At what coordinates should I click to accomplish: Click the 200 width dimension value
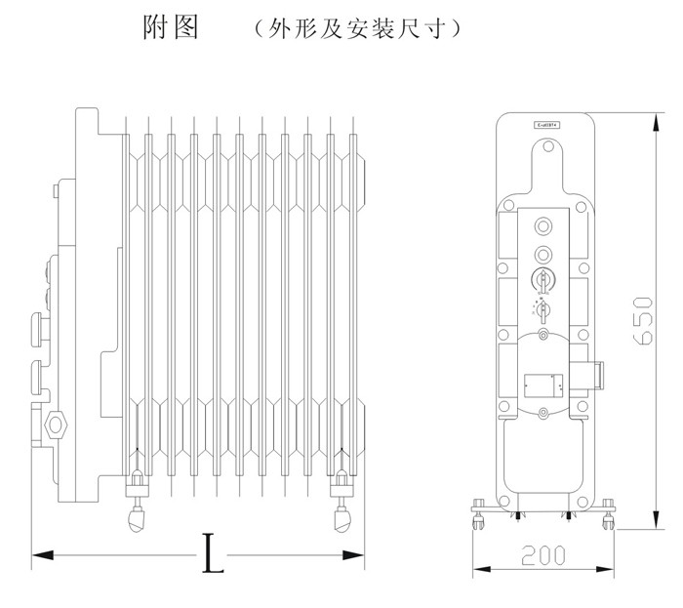543,555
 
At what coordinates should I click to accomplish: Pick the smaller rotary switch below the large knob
543,310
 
